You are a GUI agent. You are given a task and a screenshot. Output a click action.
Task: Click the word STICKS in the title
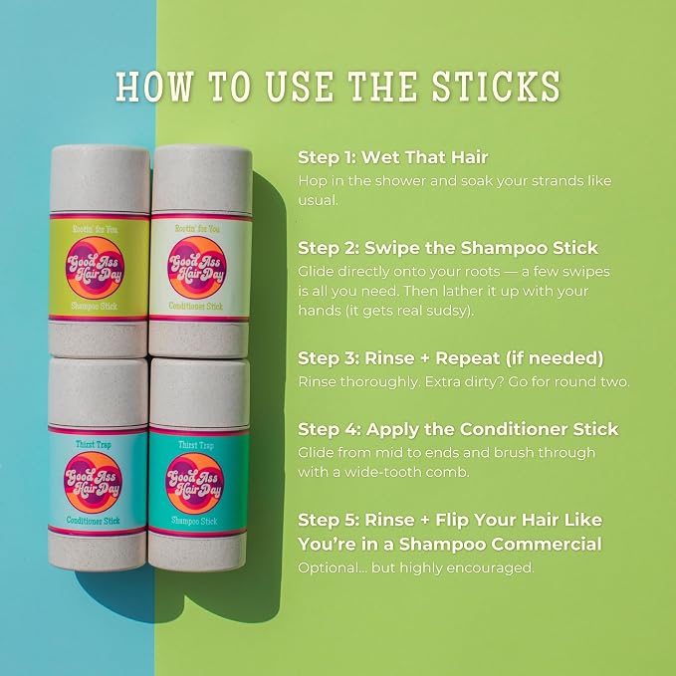[496, 87]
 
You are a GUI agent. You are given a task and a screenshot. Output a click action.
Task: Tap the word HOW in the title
[154, 87]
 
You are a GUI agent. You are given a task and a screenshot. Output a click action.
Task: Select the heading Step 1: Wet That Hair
[392, 157]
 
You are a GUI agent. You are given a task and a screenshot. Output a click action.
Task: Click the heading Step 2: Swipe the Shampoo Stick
[448, 248]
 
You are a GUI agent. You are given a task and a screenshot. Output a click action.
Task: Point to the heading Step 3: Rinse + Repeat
[451, 358]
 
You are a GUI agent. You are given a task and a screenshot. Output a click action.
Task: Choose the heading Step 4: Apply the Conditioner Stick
[458, 429]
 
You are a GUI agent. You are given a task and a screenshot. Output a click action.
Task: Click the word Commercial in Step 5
[547, 544]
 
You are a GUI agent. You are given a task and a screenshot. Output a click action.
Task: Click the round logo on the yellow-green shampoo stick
[96, 268]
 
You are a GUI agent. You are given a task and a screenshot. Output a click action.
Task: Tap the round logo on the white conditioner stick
[197, 267]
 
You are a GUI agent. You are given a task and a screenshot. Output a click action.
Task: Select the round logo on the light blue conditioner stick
[94, 483]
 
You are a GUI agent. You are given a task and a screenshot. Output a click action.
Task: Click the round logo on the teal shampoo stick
[194, 483]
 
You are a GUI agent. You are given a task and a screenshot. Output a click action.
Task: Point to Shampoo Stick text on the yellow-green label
[94, 306]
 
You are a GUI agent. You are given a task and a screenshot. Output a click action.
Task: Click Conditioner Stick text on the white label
[196, 306]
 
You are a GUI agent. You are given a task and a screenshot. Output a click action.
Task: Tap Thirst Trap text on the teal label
[196, 445]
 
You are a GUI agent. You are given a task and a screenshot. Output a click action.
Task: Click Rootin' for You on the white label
[197, 229]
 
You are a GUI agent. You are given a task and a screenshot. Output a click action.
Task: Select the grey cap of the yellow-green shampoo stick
[100, 179]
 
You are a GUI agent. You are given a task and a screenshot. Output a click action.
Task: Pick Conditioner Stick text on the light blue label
[94, 521]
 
